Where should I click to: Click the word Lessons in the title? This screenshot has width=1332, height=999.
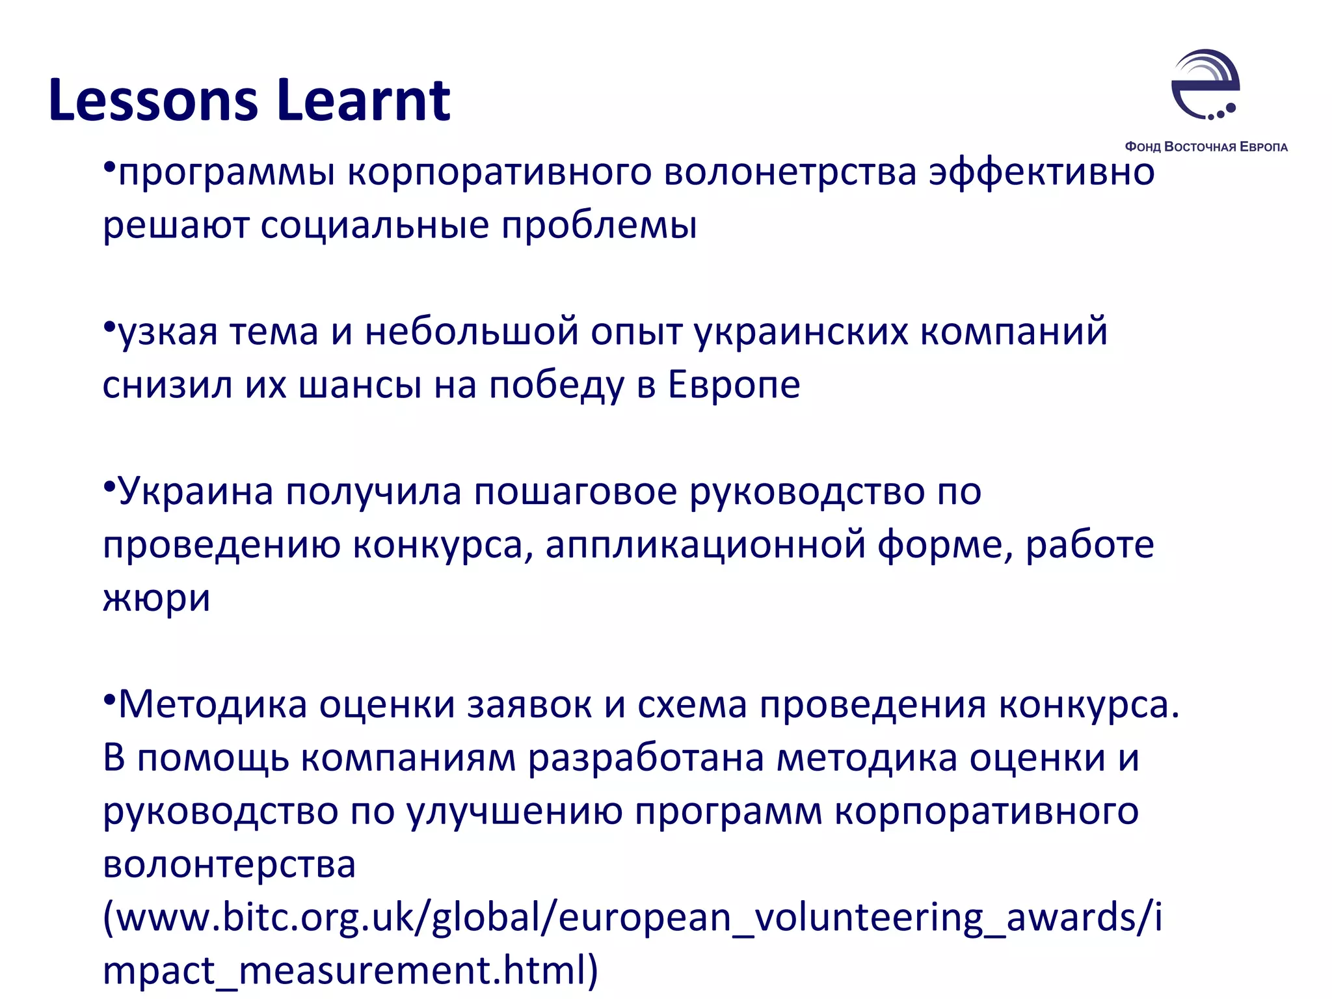pos(153,100)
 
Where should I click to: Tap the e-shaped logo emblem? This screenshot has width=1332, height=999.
pos(1205,85)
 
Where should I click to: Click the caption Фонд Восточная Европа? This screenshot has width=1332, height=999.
pos(1206,147)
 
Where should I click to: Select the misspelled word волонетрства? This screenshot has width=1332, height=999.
pos(790,172)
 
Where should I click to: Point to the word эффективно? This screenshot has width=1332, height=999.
pos(1041,172)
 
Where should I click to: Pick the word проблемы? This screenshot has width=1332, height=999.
pos(599,226)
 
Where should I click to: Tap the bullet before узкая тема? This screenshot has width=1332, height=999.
pos(109,325)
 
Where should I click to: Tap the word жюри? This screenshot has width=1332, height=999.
pos(156,598)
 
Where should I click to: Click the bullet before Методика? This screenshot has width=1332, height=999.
pos(109,698)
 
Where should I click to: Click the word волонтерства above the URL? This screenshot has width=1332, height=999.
pos(229,864)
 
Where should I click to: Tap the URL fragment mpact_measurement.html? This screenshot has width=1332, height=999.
pos(350,971)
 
